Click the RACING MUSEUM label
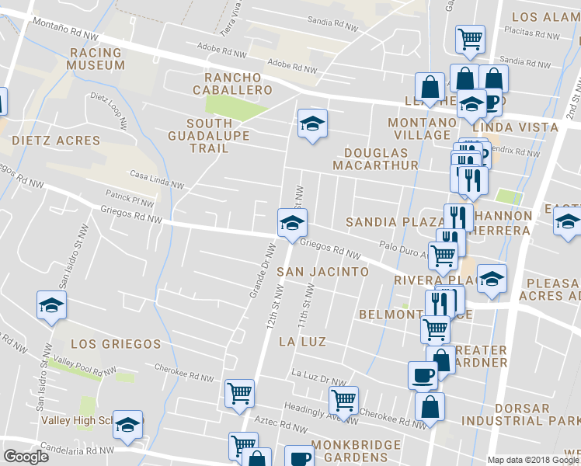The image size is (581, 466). coord(96,58)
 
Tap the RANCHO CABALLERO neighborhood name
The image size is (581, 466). coord(238,84)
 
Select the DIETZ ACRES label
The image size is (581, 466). coord(56,141)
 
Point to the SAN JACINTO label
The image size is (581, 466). coord(323,272)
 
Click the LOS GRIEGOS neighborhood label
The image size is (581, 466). coord(115,343)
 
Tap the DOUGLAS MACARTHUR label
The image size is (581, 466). coord(375,159)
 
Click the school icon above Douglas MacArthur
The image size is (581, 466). coord(312,123)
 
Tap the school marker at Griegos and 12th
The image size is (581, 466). coord(292,222)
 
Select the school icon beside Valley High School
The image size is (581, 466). coord(128,424)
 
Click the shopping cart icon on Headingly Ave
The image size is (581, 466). coord(343,401)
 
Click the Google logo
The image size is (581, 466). coord(26,457)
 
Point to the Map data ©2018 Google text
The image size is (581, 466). coord(533,460)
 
